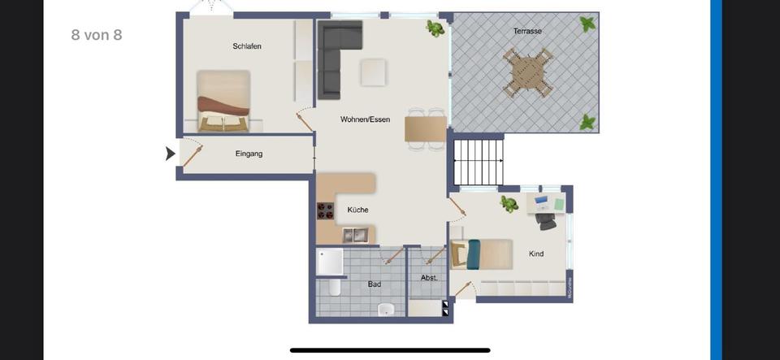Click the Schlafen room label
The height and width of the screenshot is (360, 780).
(247, 46)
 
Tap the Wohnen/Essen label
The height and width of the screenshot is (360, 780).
(365, 119)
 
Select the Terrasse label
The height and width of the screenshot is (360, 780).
(527, 31)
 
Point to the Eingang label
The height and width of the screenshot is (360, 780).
(249, 154)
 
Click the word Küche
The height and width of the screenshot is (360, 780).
(357, 210)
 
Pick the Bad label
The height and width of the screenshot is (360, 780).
(374, 284)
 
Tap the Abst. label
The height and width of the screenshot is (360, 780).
(429, 278)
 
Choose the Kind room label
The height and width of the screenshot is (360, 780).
(536, 254)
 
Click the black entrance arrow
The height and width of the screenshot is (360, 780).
(171, 153)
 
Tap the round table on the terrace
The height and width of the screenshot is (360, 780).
(527, 72)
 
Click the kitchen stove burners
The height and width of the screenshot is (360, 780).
(326, 210)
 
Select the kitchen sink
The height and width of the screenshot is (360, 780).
(354, 236)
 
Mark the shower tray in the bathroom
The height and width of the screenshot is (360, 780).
(330, 262)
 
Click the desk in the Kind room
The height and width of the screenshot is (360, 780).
(546, 203)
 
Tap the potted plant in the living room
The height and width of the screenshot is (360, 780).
(435, 29)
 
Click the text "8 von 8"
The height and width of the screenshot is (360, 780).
(97, 35)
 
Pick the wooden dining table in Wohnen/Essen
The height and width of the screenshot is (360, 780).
(426, 129)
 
